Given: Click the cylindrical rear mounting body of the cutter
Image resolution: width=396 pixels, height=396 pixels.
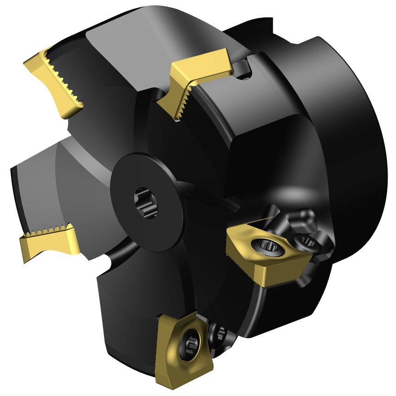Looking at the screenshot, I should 339,116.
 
